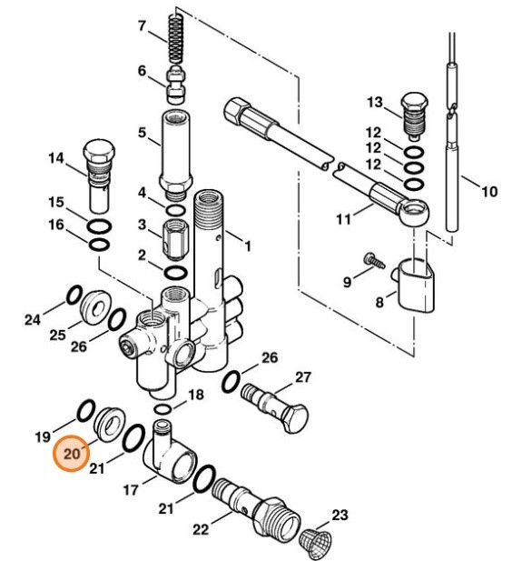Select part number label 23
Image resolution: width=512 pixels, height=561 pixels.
click(x=340, y=516)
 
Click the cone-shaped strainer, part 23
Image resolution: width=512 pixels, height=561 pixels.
click(x=314, y=539)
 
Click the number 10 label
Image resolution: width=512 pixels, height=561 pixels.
click(x=489, y=192)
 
